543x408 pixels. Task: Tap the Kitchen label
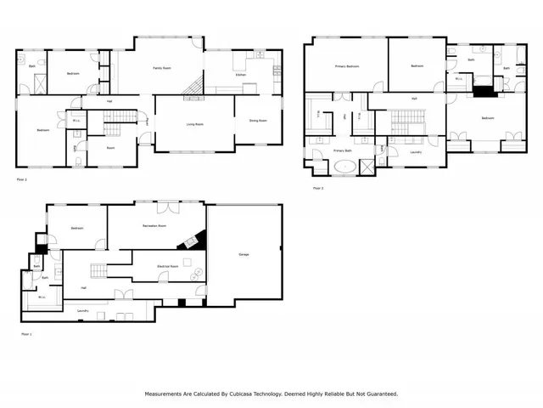click(241, 75)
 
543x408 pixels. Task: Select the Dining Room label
click(257, 121)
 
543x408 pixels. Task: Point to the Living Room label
click(194, 124)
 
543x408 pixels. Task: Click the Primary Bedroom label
click(346, 65)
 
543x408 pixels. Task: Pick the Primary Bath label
click(343, 150)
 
